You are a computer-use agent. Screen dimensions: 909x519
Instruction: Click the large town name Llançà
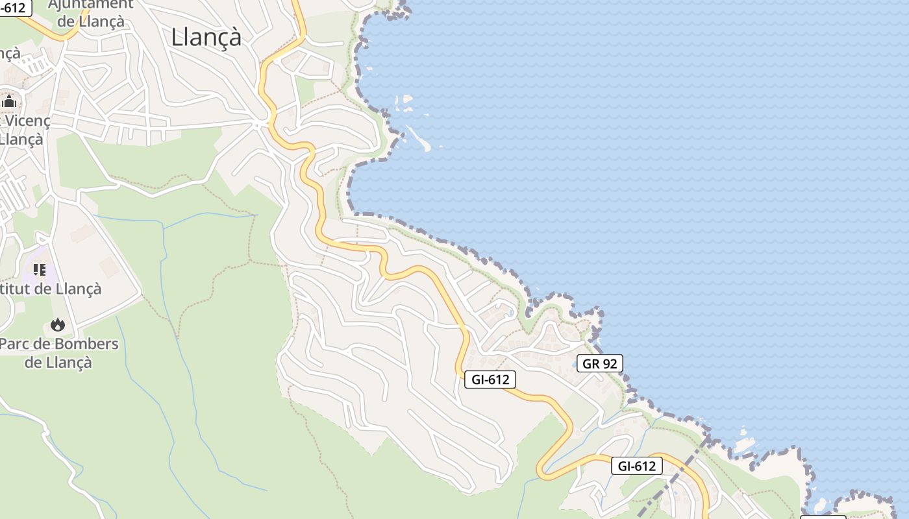click(x=206, y=37)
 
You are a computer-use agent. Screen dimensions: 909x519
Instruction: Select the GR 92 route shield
click(x=599, y=363)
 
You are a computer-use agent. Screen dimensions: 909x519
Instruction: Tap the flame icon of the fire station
click(x=58, y=324)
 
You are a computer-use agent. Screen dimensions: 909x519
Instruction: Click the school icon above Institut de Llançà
click(x=40, y=269)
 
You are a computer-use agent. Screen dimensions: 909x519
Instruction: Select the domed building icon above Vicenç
click(x=9, y=101)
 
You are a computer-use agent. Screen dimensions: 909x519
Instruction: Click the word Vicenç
click(x=27, y=121)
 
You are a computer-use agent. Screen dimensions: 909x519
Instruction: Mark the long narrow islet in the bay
click(x=419, y=138)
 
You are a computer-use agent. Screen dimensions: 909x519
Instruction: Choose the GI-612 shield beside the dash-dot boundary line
click(x=636, y=466)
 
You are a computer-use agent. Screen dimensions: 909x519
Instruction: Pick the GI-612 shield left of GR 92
click(x=490, y=380)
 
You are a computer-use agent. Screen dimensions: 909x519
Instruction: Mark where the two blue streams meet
click(x=163, y=228)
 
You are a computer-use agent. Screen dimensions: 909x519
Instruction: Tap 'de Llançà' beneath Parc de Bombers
click(x=58, y=362)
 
